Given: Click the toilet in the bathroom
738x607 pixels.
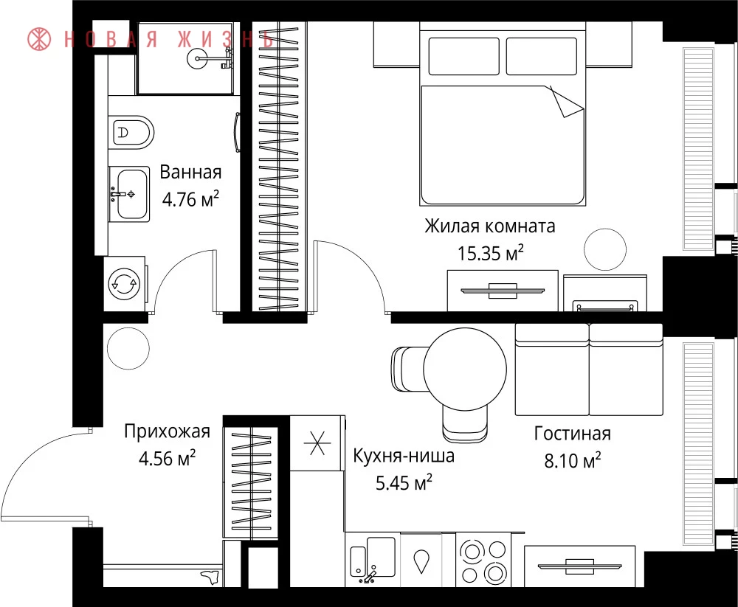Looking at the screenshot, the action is coord(132,132).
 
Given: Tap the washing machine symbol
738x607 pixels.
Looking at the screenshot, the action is coord(124,284).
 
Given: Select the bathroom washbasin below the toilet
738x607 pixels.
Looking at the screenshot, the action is coord(129,194).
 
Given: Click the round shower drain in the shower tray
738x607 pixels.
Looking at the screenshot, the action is coord(198,59).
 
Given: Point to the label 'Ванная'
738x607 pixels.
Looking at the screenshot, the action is coord(190,173).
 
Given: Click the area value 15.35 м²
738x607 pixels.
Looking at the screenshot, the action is coord(491,254).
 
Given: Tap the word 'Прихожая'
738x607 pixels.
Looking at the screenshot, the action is coord(167,431).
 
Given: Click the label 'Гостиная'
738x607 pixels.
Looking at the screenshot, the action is coord(573,434).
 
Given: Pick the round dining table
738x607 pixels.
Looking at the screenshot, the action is coord(465,370).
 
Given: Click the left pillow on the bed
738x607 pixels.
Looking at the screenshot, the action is coord(463,57).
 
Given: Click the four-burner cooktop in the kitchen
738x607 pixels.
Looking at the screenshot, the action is coord(483,561).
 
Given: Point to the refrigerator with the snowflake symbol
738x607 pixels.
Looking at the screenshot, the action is coord(317,443).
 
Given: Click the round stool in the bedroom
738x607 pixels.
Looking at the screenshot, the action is coord(605,249).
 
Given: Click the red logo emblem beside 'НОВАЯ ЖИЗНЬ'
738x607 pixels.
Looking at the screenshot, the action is coord(39,39).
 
